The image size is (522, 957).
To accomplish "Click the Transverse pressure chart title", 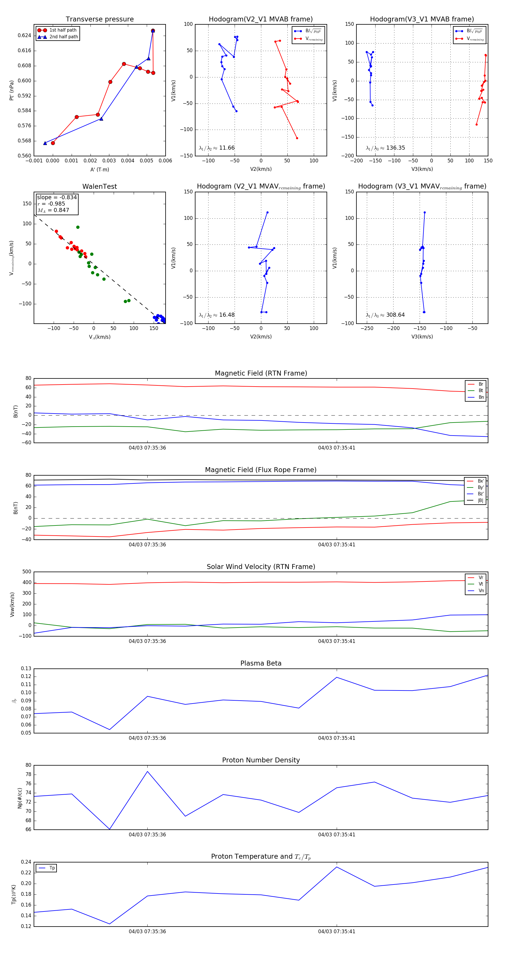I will [x=99, y=19].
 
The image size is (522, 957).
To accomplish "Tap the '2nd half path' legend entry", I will [x=64, y=37].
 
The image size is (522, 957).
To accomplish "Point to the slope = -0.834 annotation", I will [x=57, y=197].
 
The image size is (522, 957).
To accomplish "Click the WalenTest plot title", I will [x=99, y=186].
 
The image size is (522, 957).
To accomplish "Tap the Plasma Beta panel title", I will [x=261, y=663].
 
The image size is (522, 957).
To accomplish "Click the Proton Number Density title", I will [x=261, y=760].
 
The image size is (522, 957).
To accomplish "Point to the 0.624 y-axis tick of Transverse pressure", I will [x=25, y=36].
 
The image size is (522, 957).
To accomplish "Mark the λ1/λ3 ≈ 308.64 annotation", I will [x=385, y=315].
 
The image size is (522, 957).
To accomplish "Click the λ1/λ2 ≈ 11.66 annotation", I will [x=217, y=148].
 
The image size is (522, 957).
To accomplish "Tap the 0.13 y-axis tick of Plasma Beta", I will [x=26, y=668].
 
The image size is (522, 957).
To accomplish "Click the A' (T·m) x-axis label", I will [x=99, y=170].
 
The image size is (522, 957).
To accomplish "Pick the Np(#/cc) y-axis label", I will [x=20, y=798].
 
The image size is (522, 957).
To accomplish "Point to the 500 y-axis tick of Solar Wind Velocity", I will [x=27, y=572].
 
